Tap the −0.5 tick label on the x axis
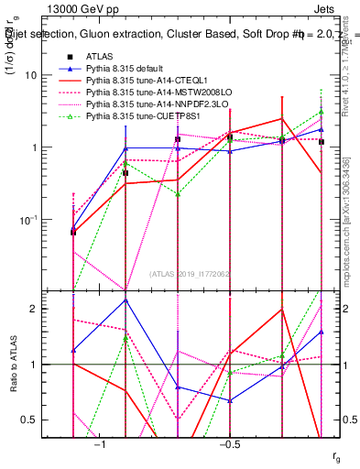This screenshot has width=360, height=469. point(229,443)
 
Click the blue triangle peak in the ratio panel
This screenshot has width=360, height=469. point(125,300)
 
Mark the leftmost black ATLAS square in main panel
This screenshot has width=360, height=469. point(73,232)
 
